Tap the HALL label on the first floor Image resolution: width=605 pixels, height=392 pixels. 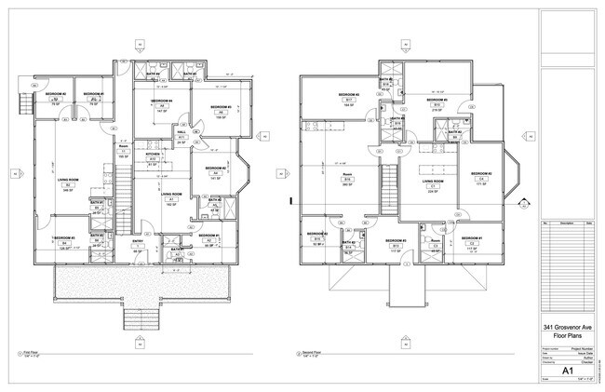coord(181,131)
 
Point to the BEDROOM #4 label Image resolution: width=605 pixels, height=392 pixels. coord(160,101)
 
